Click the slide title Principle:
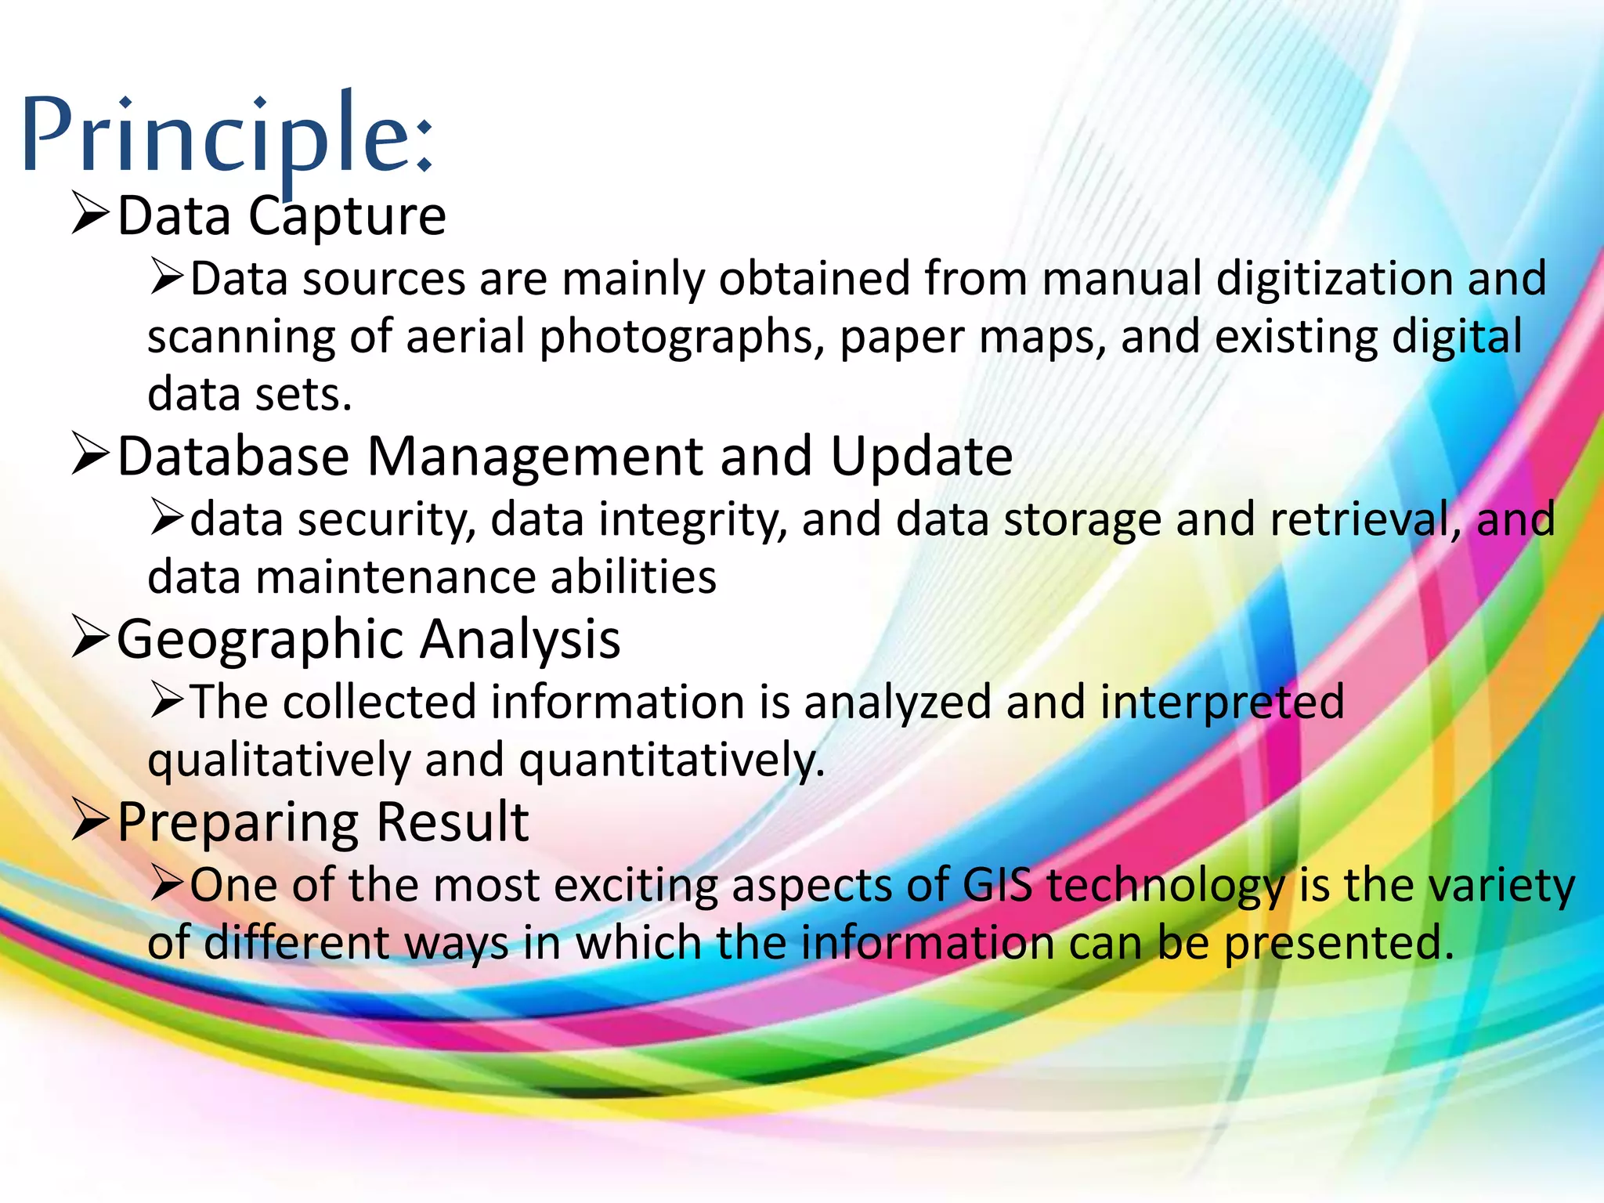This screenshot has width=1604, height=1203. pyautogui.click(x=227, y=135)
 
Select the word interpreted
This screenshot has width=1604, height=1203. pyautogui.click(x=1222, y=703)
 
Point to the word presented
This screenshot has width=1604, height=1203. pyautogui.click(x=1338, y=944)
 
